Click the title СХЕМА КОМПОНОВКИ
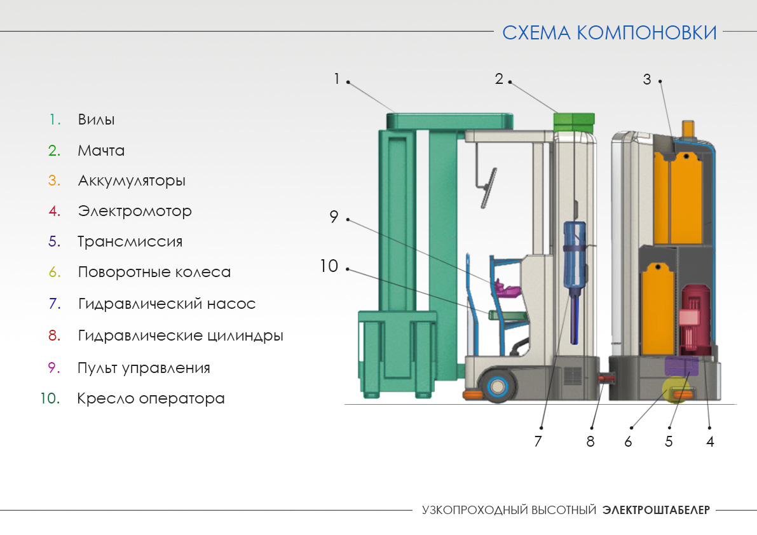click(610, 33)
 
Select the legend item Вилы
click(96, 119)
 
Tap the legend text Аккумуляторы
click(132, 181)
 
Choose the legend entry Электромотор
click(135, 212)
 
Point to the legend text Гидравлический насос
click(167, 304)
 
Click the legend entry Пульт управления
click(144, 368)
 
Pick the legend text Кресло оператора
click(151, 398)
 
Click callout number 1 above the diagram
click(336, 79)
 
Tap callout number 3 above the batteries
click(647, 79)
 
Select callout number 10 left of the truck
click(329, 266)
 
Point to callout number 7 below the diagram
click(538, 442)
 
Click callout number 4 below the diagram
click(710, 442)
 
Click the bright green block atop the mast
click(574, 122)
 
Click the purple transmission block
click(682, 366)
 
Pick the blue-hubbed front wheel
click(497, 386)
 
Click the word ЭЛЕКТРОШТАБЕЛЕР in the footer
click(656, 510)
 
